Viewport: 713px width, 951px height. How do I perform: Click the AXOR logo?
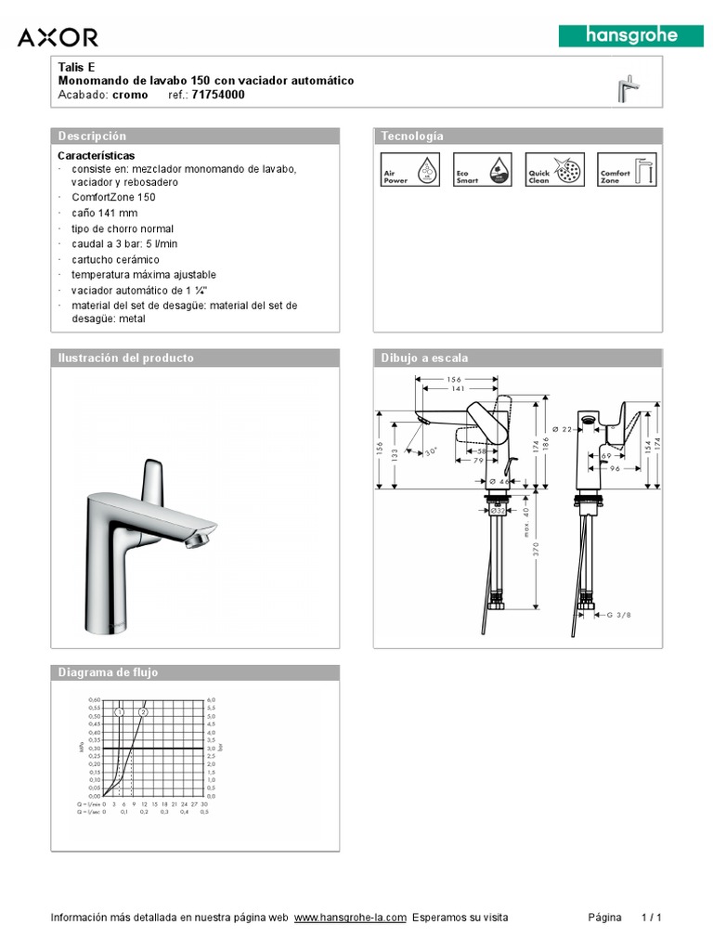(58, 37)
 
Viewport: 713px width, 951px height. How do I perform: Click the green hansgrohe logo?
(630, 36)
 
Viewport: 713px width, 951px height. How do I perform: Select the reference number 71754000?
(218, 95)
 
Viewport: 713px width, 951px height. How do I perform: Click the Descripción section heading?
(92, 137)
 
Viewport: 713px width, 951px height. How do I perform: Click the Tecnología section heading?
(412, 137)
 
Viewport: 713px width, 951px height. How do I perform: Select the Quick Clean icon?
(554, 170)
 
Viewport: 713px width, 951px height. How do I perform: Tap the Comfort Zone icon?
(626, 170)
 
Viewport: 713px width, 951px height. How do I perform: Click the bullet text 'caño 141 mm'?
(104, 213)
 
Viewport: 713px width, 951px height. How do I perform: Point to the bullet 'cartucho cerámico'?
(115, 259)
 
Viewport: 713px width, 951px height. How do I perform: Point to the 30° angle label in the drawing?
(431, 451)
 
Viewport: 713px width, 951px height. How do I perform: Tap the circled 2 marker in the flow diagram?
(143, 711)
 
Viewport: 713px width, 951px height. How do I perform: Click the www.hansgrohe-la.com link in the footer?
(350, 918)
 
